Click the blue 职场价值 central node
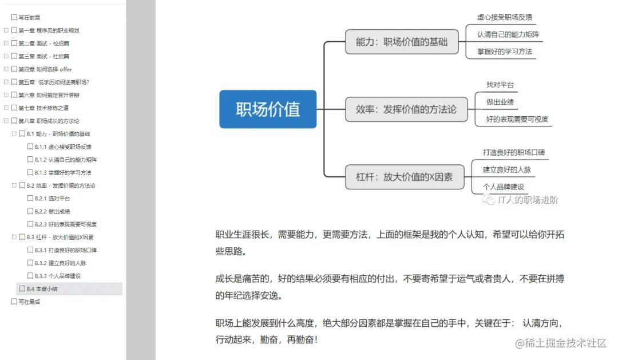coord(268,109)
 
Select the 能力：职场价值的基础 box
coord(402,41)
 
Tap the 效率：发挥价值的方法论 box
coord(406,109)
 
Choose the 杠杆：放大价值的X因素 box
coord(405,177)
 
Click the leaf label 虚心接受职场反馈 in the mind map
coord(505,17)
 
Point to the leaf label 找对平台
coord(500,85)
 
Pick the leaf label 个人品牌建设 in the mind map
coord(504,187)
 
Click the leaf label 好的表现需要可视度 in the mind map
coord(517,119)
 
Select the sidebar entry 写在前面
coord(29,17)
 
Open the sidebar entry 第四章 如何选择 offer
coord(45,69)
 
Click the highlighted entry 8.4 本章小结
coord(42,288)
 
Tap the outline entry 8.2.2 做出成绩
coord(52,211)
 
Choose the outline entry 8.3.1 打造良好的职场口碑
coord(65,250)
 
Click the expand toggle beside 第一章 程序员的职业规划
coord(6,30)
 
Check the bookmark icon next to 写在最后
coord(14,302)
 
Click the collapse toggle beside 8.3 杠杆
coord(14,237)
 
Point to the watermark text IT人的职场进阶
coord(528,200)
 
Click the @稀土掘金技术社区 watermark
coord(560,343)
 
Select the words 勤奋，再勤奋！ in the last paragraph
coord(289,339)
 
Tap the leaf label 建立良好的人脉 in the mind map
coord(507,169)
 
